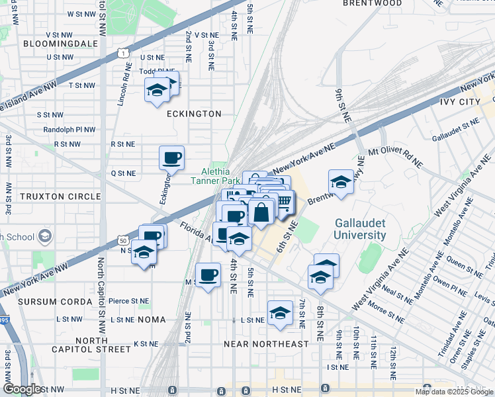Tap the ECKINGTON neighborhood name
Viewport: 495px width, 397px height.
[194, 114]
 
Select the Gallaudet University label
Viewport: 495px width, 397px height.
[360, 229]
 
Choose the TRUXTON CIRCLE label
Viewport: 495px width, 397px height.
[60, 197]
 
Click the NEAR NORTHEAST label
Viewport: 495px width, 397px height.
[266, 344]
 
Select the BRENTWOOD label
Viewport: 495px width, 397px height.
[373, 3]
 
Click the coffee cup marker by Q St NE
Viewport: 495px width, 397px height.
[171, 157]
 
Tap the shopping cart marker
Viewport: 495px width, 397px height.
[283, 201]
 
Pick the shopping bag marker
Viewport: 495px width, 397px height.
[261, 212]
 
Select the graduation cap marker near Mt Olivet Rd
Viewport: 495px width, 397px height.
[340, 181]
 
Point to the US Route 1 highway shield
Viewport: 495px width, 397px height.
[122, 52]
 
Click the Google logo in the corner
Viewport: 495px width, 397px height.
[22, 389]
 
